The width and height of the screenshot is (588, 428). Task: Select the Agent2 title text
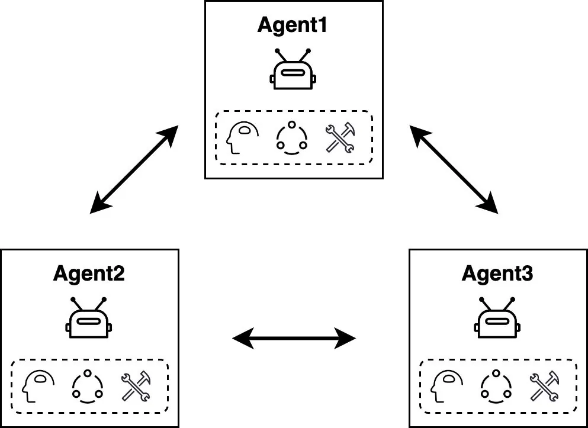coord(89,274)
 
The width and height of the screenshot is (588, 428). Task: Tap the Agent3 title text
coord(497,274)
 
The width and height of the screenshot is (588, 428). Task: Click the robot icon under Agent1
coord(293,69)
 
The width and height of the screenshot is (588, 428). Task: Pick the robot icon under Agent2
coord(89,318)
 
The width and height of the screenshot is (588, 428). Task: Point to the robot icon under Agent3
coord(497,318)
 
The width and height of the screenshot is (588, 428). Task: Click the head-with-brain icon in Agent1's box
coord(242,137)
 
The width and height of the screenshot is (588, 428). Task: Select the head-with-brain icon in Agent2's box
coord(38,387)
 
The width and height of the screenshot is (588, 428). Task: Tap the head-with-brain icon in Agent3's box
coord(446,387)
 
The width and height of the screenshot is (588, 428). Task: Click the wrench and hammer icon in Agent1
coord(340,137)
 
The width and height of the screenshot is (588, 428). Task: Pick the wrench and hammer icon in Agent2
coord(136,387)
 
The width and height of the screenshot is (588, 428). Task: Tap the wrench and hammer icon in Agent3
coord(545,387)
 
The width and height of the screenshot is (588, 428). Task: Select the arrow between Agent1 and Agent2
coord(134,169)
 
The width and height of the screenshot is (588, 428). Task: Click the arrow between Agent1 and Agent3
coord(454,169)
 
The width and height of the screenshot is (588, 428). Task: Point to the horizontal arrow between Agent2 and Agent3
coord(294,339)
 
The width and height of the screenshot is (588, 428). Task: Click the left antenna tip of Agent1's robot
coord(278,50)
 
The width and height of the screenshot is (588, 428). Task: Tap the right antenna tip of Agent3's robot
coord(513,300)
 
